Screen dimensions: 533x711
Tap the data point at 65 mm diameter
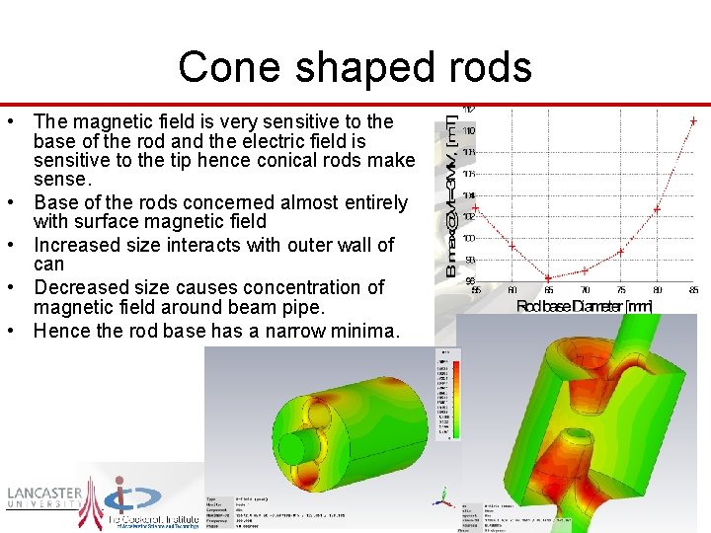[548, 277]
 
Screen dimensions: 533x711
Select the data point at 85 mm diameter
[693, 120]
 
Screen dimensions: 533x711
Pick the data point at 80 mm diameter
[657, 209]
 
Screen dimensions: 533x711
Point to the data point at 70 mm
[585, 269]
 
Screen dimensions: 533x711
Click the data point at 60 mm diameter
[512, 245]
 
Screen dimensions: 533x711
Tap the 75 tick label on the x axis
[620, 290]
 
